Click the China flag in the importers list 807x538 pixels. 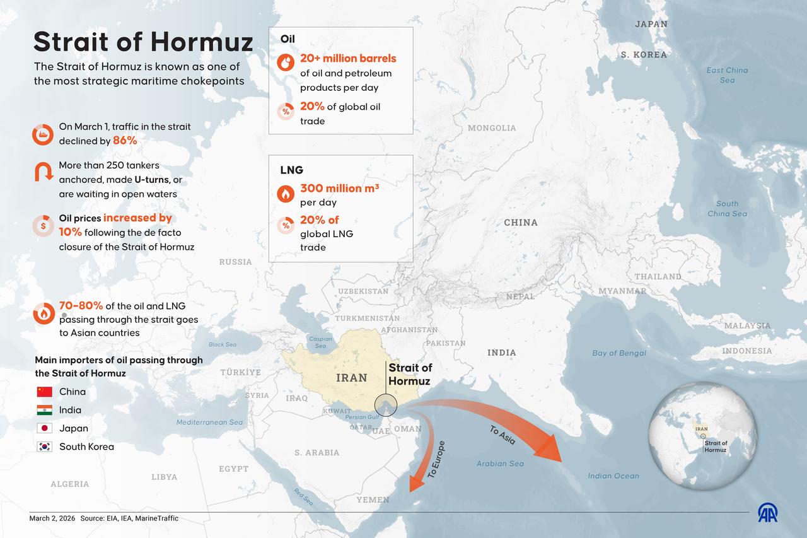click(44, 392)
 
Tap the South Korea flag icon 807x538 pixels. click(44, 447)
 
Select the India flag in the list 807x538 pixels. click(44, 410)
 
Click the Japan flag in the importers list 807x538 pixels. click(44, 428)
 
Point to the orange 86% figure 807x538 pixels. click(125, 141)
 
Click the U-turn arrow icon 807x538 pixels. click(43, 172)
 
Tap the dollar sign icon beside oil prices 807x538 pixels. click(43, 225)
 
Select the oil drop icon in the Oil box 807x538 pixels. click(286, 62)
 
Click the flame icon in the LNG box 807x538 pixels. click(286, 193)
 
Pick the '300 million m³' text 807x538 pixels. click(339, 188)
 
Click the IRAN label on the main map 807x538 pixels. click(351, 378)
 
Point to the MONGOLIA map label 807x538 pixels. click(492, 128)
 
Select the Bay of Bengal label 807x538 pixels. click(619, 353)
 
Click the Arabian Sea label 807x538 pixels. click(500, 464)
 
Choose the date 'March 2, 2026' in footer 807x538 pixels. click(52, 518)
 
